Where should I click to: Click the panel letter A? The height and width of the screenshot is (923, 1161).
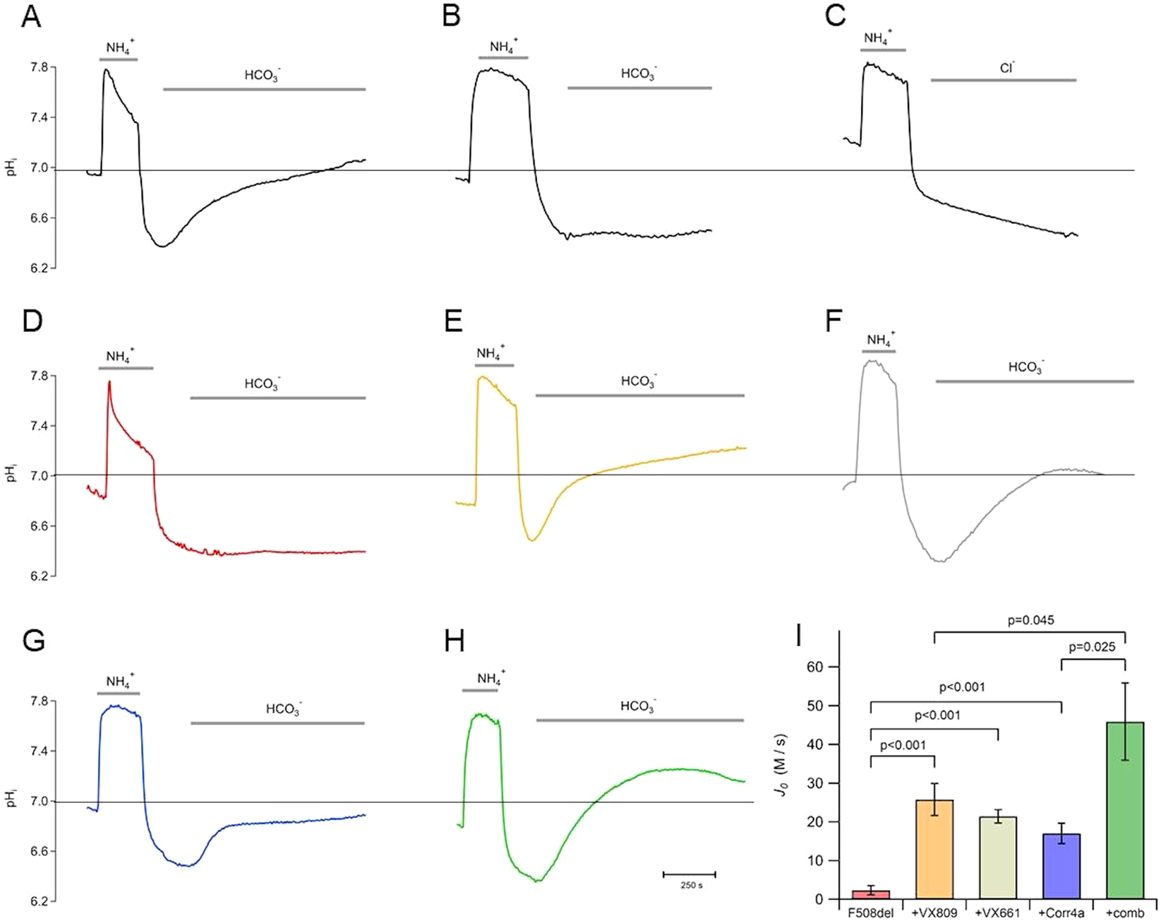(30, 16)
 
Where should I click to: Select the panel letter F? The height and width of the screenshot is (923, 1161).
(834, 321)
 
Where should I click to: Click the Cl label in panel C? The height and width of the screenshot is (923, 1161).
(1006, 69)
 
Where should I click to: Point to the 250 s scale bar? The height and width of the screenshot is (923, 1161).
(689, 875)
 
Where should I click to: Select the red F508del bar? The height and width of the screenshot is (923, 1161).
(872, 895)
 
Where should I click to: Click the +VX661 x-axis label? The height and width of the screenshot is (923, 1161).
(997, 913)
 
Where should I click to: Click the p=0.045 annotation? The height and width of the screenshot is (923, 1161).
(1030, 621)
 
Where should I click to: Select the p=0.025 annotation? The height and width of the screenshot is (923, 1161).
(1092, 647)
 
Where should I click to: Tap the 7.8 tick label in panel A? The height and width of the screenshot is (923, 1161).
(39, 68)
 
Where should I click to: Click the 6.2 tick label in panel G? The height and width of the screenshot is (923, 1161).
(39, 901)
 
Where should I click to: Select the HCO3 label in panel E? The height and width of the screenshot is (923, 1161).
(639, 381)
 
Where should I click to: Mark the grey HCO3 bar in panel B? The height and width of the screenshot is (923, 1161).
(639, 88)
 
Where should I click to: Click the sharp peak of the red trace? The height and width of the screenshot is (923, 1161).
(109, 382)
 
